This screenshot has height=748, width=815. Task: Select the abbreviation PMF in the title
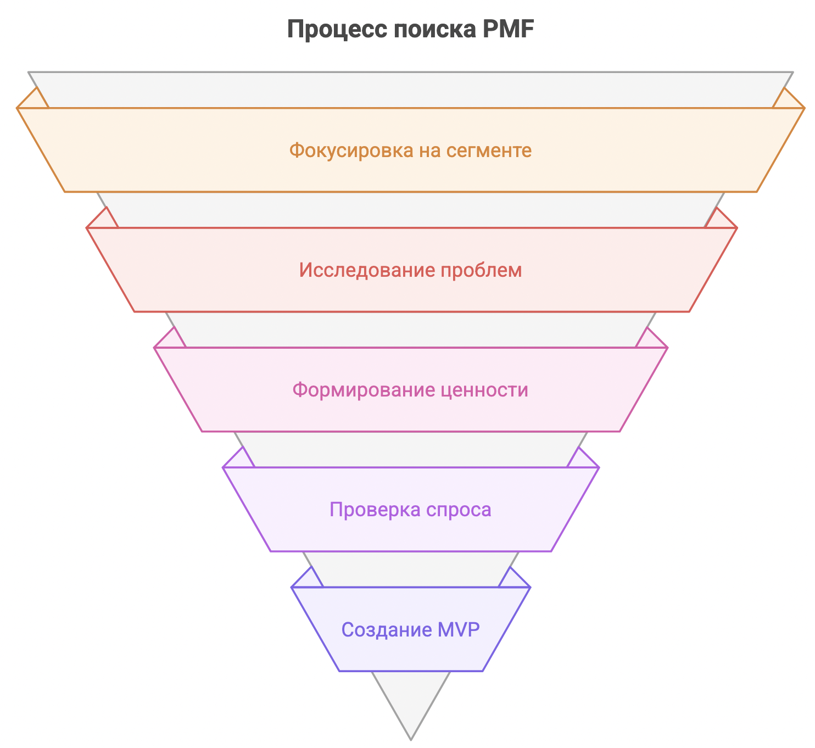(x=508, y=29)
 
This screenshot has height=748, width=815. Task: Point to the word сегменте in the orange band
(x=488, y=151)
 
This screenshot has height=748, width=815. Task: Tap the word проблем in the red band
(x=481, y=271)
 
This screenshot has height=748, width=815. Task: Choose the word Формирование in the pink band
(x=364, y=389)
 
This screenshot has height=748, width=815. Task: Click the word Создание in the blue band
(x=387, y=629)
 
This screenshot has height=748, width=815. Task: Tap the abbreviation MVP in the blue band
(x=458, y=629)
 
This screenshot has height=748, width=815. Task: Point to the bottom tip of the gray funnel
(x=411, y=740)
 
